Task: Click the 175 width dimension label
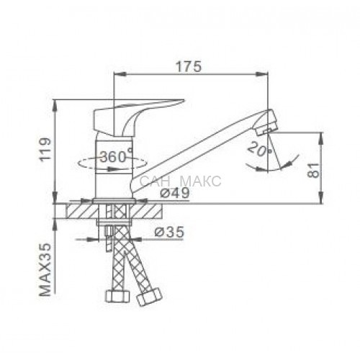pos(189,67)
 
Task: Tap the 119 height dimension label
pos(45,149)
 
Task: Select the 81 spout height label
pos(314,170)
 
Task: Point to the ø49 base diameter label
pos(175,192)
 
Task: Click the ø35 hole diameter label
pos(169,232)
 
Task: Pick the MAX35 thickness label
pos(45,269)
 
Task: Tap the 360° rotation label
pos(116,156)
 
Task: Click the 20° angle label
pos(259,149)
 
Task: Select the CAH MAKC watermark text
pos(180,181)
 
